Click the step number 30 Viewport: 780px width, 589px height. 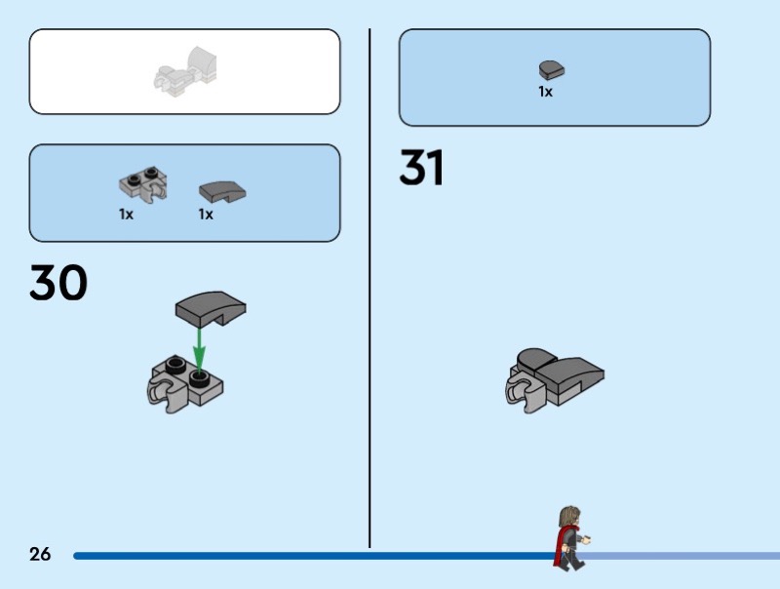pos(58,283)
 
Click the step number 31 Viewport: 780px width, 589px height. pos(421,169)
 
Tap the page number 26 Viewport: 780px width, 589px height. pos(40,555)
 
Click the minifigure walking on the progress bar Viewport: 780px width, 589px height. pos(570,537)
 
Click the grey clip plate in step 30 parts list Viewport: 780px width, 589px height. pos(142,182)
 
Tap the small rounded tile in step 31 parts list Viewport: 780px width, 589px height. pos(552,69)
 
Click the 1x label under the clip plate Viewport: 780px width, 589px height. pos(126,215)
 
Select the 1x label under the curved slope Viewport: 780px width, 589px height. pos(206,215)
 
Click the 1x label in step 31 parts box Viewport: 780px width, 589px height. pos(545,92)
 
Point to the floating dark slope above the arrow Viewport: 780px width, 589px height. pos(212,309)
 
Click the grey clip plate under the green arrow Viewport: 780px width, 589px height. pos(185,381)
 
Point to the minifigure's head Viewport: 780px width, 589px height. pos(569,516)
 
